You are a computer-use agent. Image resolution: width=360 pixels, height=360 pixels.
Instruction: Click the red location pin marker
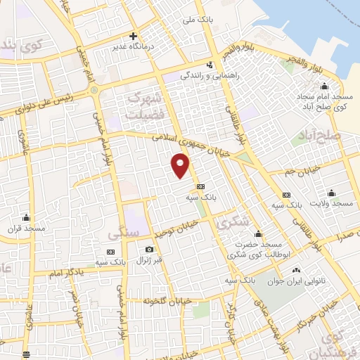pyautogui.click(x=181, y=166)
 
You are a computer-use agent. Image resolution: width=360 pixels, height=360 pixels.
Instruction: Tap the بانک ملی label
pyautogui.click(x=197, y=21)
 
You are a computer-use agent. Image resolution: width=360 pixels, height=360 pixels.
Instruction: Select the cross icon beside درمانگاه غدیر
pyautogui.click(x=133, y=35)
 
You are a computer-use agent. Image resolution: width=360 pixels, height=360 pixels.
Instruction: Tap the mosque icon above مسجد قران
pyautogui.click(x=27, y=217)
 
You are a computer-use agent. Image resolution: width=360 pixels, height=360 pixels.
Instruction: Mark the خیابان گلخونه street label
pyautogui.click(x=148, y=300)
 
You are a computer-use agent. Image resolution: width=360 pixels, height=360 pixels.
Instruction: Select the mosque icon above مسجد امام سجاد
pyautogui.click(x=323, y=86)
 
